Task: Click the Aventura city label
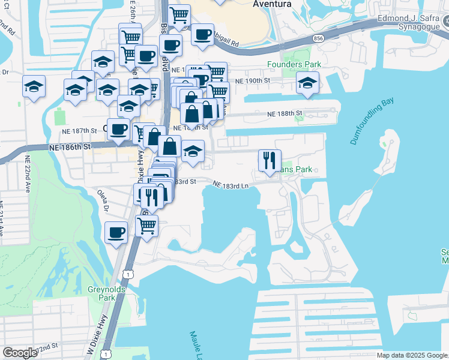[x=272, y=4]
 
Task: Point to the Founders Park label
[x=294, y=64]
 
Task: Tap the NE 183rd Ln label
[x=231, y=186]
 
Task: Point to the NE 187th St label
[x=80, y=130]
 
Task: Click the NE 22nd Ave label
[x=28, y=174]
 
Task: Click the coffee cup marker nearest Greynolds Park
[x=116, y=232]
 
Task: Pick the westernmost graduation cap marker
[x=34, y=86]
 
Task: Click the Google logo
[x=20, y=353]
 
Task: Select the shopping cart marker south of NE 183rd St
[x=147, y=226]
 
